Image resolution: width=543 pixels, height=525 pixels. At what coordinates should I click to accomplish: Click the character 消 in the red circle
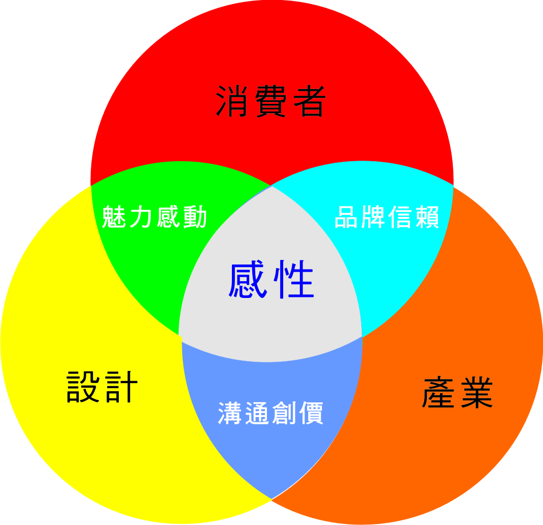tap(234, 101)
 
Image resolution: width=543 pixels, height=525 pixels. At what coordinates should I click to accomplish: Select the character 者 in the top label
tap(307, 101)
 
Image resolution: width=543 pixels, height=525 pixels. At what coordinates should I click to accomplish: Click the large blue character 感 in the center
tap(249, 280)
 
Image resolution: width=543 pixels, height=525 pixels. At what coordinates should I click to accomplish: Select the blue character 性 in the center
tap(294, 280)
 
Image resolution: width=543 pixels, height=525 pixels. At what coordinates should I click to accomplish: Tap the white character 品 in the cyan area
tap(347, 218)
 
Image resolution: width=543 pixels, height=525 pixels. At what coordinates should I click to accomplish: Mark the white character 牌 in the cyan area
tap(374, 218)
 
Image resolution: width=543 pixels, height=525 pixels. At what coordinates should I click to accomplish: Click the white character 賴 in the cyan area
tap(427, 218)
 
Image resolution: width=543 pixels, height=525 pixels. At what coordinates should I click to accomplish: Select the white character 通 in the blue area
tap(258, 414)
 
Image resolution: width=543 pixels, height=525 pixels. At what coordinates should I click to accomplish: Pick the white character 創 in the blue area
tap(284, 414)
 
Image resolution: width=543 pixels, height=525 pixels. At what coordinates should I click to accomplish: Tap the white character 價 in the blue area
tap(311, 414)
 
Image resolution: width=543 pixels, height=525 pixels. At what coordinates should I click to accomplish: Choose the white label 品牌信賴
tap(387, 218)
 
